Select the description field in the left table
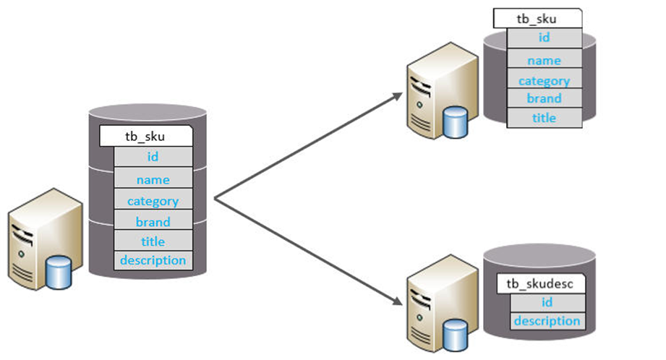[153, 260]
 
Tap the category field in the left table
[153, 201]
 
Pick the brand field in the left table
[153, 221]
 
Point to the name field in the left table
[153, 179]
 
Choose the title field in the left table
[153, 241]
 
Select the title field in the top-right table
[544, 118]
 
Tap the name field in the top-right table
[544, 61]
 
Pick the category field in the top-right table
[544, 81]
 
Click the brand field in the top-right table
[544, 98]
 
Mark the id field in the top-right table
[544, 38]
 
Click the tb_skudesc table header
[541, 283]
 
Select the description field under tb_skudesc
[547, 321]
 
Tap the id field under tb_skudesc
[547, 302]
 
